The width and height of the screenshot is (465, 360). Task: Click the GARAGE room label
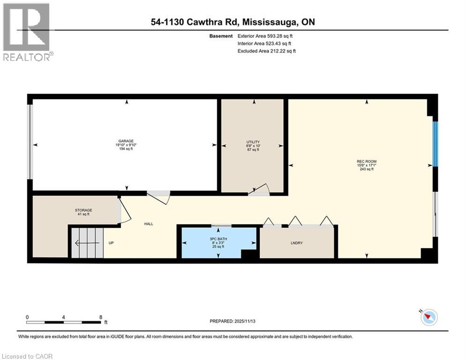(126, 141)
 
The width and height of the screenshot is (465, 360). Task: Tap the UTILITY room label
(253, 142)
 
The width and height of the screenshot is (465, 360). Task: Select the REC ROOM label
(367, 161)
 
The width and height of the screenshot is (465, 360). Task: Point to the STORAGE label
(84, 210)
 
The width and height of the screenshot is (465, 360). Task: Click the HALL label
(149, 224)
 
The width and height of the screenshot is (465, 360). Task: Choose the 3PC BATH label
(219, 239)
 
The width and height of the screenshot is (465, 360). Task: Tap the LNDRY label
(297, 243)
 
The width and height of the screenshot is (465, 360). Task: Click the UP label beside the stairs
(111, 243)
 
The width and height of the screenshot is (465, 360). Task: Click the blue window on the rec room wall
(435, 144)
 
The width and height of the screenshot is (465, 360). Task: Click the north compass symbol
(428, 317)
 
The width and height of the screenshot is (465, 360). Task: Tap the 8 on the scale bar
(101, 316)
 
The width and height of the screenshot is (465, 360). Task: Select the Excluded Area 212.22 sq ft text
(266, 51)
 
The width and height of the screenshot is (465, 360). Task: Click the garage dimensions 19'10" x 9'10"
(126, 145)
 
